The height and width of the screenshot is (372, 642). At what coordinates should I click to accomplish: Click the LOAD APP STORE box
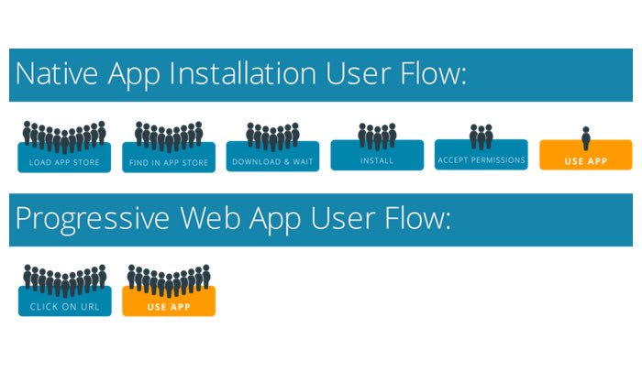tap(64, 162)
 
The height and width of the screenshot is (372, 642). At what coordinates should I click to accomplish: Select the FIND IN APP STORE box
tap(169, 162)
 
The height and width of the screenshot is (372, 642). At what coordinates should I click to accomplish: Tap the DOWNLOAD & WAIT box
tap(272, 161)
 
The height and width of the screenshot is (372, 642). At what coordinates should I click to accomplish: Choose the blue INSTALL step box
tap(377, 159)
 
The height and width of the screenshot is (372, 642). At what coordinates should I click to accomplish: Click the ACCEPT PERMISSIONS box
tap(481, 159)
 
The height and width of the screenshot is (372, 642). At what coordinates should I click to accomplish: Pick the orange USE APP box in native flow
tap(586, 159)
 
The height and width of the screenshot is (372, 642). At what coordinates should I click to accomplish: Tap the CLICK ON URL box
tap(64, 305)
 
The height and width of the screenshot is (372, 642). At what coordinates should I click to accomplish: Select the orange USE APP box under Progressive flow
tap(169, 305)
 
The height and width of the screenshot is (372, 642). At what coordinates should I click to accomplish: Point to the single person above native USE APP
tap(586, 137)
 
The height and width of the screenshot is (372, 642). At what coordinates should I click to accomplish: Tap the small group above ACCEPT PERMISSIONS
tap(481, 137)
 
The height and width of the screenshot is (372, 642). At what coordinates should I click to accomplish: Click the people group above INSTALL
tap(377, 136)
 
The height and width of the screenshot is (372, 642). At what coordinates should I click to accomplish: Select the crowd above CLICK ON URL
tap(64, 279)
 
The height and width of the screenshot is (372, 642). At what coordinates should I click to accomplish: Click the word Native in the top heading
tap(56, 74)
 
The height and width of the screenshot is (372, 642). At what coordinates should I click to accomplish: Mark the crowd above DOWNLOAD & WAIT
tap(272, 137)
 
